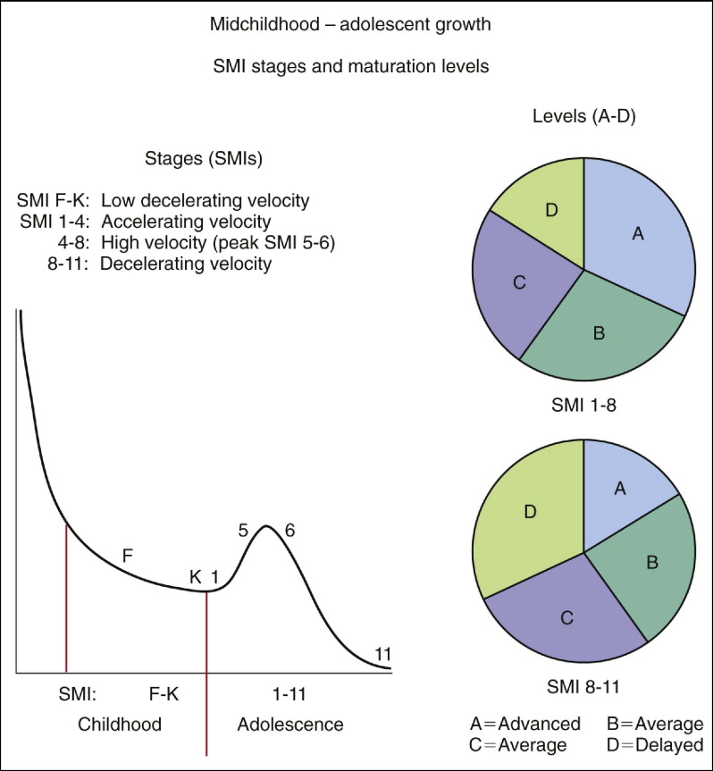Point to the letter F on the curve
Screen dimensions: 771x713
point(128,556)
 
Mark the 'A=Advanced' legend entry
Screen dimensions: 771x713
point(525,723)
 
